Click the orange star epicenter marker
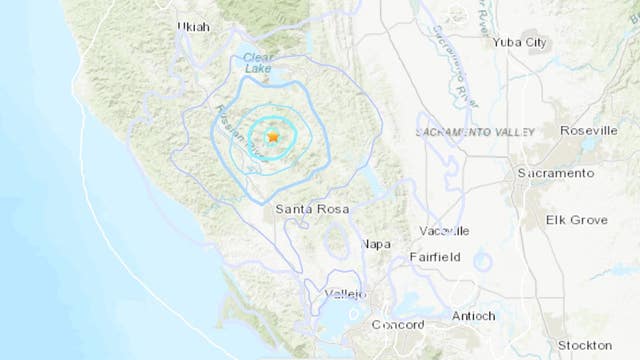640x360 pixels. (x=273, y=134)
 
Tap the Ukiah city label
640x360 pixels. (x=193, y=27)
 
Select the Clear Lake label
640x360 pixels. (x=259, y=63)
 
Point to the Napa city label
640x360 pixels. (x=375, y=244)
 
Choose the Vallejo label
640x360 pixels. (x=347, y=294)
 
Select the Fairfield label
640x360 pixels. (x=435, y=257)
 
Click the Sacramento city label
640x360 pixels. (x=556, y=173)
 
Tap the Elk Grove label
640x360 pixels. (x=575, y=218)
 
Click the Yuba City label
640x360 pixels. (x=521, y=42)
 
